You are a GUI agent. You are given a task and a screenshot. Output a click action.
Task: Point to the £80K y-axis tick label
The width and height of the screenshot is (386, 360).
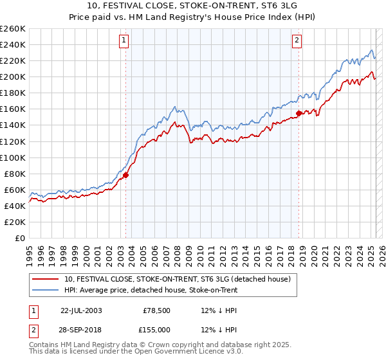[15, 174]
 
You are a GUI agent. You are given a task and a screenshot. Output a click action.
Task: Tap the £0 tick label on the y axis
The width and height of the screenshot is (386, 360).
[20, 238]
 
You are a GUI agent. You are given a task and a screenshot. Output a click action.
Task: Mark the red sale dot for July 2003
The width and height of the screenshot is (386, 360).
[126, 175]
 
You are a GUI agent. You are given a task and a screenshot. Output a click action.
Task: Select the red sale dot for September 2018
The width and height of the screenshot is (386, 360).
[299, 113]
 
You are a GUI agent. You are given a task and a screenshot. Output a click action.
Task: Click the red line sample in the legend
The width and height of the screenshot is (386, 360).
[46, 279]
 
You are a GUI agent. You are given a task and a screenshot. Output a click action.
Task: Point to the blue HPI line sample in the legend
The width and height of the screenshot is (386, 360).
[46, 289]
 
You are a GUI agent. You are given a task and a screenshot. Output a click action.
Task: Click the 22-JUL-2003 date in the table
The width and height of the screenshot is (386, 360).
[81, 310]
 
